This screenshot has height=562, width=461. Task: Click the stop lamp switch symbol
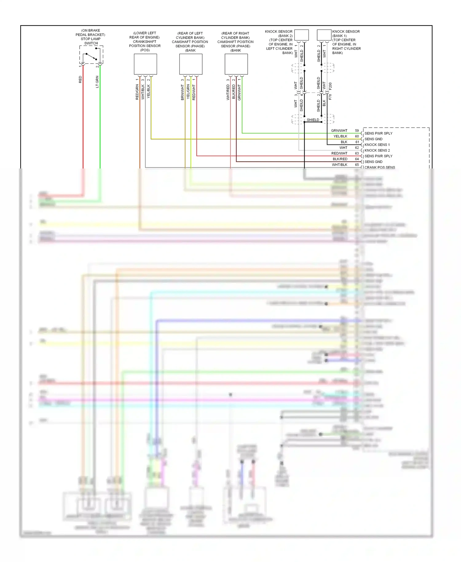coord(91,55)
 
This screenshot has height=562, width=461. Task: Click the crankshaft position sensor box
coord(145,64)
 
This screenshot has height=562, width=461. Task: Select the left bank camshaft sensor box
coord(191,64)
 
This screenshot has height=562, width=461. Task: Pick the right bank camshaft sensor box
coord(236,64)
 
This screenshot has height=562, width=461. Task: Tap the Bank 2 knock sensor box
coord(301,35)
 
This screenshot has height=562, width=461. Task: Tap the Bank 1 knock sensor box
coord(324,35)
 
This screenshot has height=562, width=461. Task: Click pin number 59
coord(357,131)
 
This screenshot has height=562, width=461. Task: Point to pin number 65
coord(357,165)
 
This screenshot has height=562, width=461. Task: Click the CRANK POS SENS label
coord(380,167)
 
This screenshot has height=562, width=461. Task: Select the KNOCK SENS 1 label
coord(377,145)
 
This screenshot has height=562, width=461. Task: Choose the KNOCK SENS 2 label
coord(377,150)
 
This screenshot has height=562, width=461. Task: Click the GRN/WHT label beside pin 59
coord(339,131)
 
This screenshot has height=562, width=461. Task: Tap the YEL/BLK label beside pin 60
coord(340,136)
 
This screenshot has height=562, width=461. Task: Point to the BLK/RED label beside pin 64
coord(340,159)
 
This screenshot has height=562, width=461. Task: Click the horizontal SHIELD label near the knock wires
coord(313,120)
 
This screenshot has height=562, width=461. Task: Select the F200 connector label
coord(330,86)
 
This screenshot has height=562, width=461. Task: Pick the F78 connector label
coord(330,97)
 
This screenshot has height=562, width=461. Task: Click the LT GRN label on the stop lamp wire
coord(97,82)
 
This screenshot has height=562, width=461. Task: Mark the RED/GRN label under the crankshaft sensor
coord(137,92)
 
